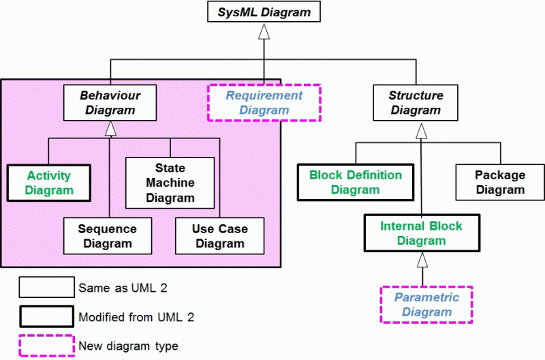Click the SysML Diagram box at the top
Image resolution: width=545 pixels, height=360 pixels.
263,12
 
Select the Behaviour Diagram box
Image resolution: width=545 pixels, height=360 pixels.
110,102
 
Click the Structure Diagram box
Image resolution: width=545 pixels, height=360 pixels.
416,102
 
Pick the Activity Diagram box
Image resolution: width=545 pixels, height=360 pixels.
49,183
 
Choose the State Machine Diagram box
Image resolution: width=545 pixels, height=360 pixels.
170,183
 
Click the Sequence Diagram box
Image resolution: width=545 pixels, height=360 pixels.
107,236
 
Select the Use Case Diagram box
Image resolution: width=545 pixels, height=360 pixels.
219,236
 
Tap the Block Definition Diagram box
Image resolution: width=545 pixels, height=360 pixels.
355,182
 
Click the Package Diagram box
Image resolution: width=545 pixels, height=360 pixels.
499,182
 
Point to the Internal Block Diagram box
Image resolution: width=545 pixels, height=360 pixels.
421,233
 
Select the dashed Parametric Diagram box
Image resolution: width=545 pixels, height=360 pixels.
426,305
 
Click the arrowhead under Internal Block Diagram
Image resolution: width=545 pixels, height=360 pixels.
422,259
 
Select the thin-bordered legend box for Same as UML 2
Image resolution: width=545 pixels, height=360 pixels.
46,287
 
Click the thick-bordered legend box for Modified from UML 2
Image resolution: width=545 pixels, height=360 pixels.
46,316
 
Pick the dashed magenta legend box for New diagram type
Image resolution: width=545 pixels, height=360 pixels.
46,346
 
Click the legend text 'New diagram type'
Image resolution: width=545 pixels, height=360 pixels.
128,346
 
